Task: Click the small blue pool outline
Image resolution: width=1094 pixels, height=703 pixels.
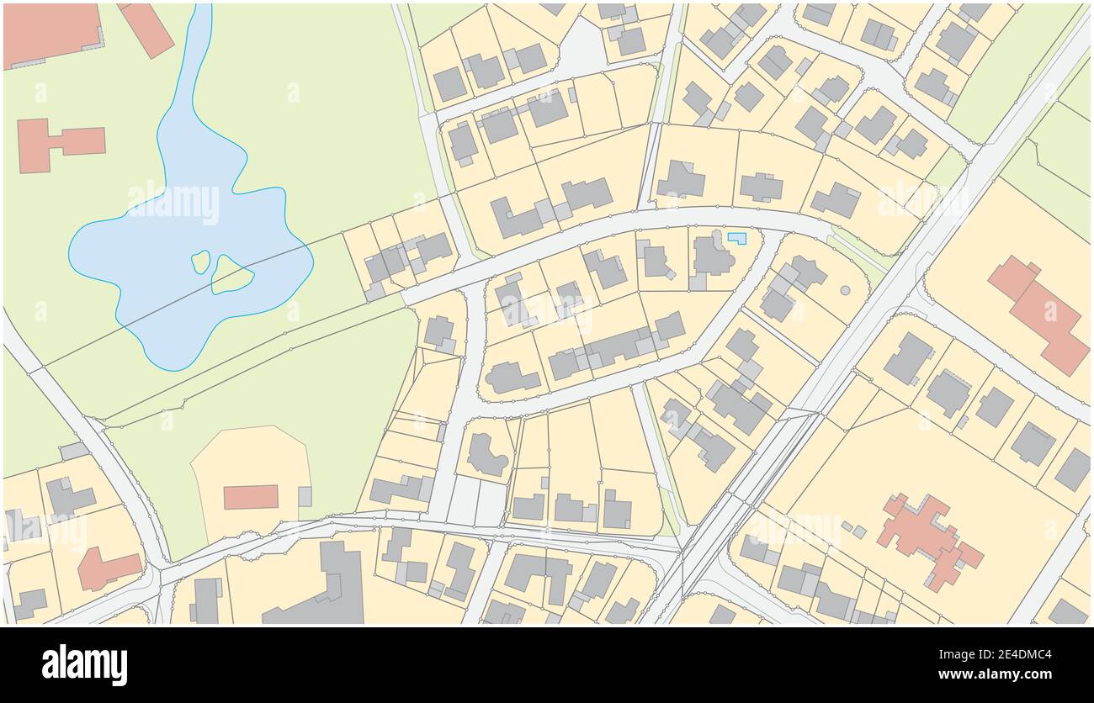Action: (736, 239)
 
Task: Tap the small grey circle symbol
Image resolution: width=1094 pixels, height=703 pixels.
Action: (845, 290)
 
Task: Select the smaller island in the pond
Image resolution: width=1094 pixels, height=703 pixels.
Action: (200, 262)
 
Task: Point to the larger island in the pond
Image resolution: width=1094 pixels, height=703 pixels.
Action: (231, 276)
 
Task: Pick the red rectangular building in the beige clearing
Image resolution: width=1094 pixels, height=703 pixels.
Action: (251, 496)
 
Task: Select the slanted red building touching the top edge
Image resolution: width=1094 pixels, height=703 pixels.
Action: (146, 30)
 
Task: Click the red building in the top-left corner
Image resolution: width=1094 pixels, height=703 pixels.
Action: (50, 34)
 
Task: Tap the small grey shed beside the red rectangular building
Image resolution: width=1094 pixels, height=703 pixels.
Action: (305, 496)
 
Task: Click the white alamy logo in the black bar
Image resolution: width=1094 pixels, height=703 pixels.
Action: (84, 664)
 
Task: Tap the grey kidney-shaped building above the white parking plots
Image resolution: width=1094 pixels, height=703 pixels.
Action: (486, 454)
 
